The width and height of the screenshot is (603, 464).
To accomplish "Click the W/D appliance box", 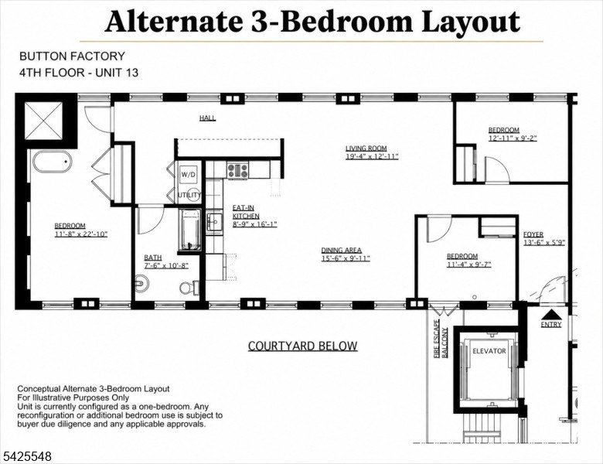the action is [x=189, y=174].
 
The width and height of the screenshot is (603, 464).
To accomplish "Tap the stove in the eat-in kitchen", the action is [x=237, y=170].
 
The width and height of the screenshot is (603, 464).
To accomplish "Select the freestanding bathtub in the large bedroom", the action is [x=53, y=162].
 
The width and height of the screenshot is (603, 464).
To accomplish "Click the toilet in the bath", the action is [x=189, y=287].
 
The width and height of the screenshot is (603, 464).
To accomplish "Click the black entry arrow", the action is [x=551, y=314].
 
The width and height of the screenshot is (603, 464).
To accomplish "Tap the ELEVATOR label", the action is [x=489, y=351].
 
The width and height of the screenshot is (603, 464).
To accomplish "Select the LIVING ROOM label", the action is [x=366, y=148].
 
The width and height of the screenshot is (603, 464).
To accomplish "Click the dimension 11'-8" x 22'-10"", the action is [x=80, y=234].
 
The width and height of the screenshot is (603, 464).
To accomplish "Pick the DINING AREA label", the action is [x=342, y=250].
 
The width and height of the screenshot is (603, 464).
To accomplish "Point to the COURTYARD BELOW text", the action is [x=302, y=346].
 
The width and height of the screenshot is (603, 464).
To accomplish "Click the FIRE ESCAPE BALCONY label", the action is [x=441, y=339].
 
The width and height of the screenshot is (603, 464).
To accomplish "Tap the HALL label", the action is [x=207, y=118].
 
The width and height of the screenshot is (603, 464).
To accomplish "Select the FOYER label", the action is [x=533, y=234].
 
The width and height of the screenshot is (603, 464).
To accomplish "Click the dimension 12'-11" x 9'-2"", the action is [x=513, y=138].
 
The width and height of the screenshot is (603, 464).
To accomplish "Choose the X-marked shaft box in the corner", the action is [x=44, y=121].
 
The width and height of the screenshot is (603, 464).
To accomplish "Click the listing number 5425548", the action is [x=26, y=457].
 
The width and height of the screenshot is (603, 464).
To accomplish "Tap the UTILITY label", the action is [x=189, y=195].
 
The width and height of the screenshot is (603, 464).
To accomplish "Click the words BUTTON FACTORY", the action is [x=73, y=56].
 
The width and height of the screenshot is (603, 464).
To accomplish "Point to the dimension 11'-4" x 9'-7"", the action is [x=468, y=264].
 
